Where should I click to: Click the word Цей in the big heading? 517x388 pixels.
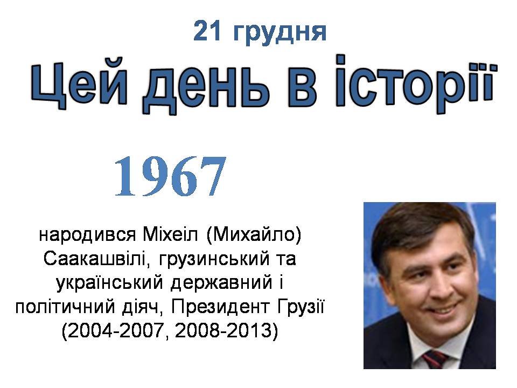coord(79,84)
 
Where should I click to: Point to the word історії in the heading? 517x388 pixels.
coord(415,84)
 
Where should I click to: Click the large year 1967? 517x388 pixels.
coord(171,177)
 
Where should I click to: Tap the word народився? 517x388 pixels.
coord(87,235)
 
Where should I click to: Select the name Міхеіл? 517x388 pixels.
coord(170,234)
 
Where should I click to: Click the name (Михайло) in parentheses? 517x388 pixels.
coord(254,235)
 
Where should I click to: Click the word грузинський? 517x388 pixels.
coord(214,260)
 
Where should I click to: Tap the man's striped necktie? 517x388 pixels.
coord(435,359)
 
